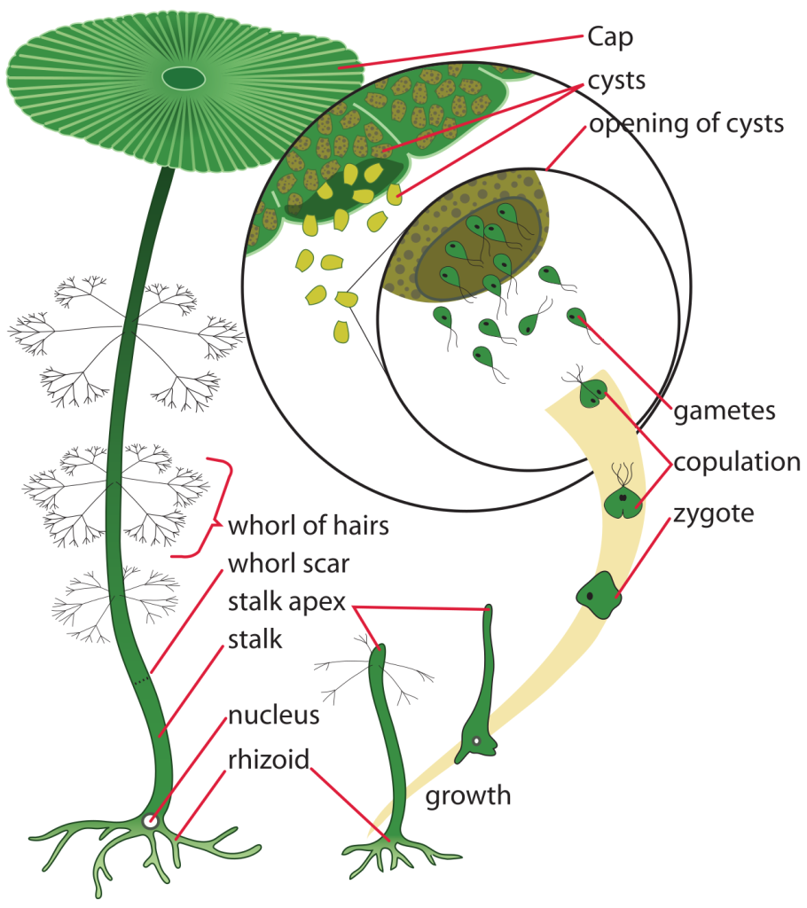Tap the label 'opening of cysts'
[686, 122]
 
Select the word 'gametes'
[725, 411]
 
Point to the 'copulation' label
[737, 462]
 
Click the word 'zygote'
[713, 513]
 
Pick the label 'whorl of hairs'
[309, 525]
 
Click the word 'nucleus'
[273, 715]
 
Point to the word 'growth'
[468, 794]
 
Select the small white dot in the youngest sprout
[476, 740]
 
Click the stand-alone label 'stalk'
[255, 638]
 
